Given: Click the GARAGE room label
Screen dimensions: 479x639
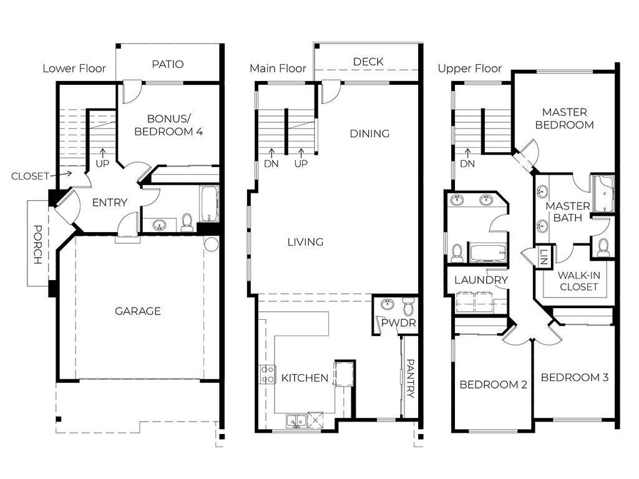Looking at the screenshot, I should click(x=138, y=311).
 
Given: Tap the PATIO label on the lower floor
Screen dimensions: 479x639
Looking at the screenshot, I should click(x=167, y=64).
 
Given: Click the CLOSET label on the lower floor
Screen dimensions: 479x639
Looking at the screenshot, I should click(x=29, y=177).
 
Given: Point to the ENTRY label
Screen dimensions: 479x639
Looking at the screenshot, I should click(x=109, y=203).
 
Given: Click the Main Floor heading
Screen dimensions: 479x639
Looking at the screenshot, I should click(x=278, y=69).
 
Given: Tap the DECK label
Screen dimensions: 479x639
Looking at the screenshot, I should click(x=368, y=62).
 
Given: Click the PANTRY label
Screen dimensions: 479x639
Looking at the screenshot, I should click(x=410, y=378).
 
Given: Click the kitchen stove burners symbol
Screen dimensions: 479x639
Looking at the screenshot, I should click(x=267, y=374).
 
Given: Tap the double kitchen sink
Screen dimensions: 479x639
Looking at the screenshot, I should click(x=295, y=421).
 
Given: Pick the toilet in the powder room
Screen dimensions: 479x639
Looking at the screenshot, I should click(x=408, y=306).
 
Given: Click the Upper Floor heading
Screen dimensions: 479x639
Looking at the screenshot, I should click(x=469, y=69).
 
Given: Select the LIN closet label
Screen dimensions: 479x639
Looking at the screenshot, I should click(x=544, y=256).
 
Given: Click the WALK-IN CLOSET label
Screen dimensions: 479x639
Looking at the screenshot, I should click(x=578, y=281).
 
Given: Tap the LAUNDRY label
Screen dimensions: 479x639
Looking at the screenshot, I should click(x=481, y=280).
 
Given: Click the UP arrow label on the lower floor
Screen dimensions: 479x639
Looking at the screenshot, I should click(x=102, y=163).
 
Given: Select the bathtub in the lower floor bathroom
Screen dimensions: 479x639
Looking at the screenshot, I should click(x=208, y=203).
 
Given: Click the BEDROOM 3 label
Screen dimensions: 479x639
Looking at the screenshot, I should click(x=575, y=377).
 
